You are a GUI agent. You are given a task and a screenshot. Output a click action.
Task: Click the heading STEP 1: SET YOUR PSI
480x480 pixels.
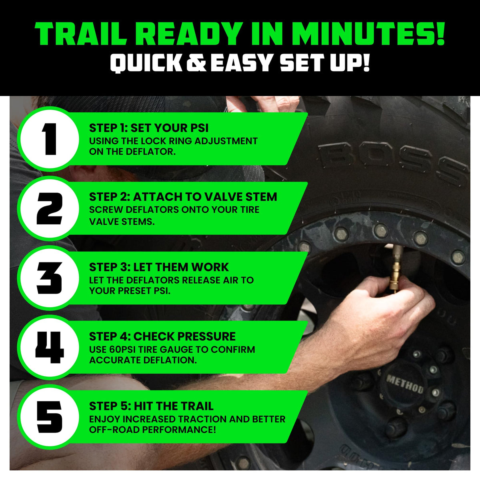tap(149, 128)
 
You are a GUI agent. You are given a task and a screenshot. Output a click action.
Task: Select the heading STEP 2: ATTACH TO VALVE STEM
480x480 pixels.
tap(183, 197)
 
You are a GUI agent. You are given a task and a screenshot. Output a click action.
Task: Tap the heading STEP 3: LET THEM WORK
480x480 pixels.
tap(159, 267)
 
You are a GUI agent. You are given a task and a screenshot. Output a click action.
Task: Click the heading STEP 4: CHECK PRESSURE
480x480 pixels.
tap(162, 336)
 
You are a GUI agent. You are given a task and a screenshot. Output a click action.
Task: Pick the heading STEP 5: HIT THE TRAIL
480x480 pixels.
tap(151, 406)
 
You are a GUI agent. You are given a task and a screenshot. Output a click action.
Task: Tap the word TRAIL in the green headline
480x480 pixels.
tap(81, 34)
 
